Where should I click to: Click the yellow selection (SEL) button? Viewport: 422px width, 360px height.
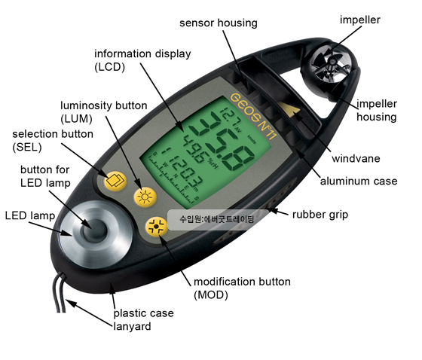click(115, 181)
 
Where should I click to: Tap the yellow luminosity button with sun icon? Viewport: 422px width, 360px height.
click(145, 197)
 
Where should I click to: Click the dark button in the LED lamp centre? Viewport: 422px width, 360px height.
click(94, 230)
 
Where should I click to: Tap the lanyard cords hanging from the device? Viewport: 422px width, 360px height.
click(60, 293)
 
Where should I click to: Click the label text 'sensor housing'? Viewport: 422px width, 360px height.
click(219, 23)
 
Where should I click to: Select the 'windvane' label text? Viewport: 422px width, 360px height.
click(356, 159)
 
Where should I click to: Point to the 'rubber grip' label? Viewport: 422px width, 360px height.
click(320, 215)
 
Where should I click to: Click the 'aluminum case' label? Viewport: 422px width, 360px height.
click(359, 181)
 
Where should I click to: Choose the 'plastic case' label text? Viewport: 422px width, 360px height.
click(143, 313)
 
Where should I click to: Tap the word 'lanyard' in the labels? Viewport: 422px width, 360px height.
click(132, 327)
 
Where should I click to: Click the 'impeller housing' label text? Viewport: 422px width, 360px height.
click(377, 111)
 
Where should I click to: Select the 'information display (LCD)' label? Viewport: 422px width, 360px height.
click(142, 60)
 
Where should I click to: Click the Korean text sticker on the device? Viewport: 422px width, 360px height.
click(217, 219)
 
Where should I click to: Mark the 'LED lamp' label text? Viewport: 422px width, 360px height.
click(30, 216)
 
